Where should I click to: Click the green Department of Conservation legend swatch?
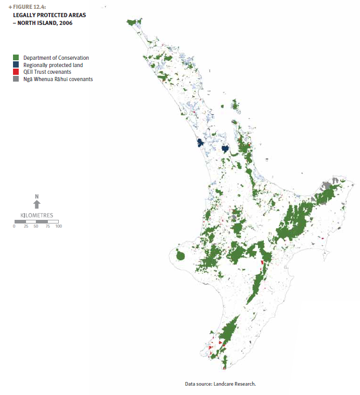pyautogui.click(x=16, y=58)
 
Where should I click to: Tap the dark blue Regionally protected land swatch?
pyautogui.click(x=16, y=65)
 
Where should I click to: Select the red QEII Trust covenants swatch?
pyautogui.click(x=16, y=72)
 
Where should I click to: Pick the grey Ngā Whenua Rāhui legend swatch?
pyautogui.click(x=16, y=80)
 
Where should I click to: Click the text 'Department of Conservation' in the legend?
pyautogui.click(x=56, y=58)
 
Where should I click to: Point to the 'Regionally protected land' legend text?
pyautogui.click(x=53, y=65)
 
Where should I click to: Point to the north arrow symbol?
pyautogui.click(x=36, y=205)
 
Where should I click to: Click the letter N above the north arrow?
pyautogui.click(x=36, y=196)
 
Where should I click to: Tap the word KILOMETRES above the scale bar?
pyautogui.click(x=36, y=215)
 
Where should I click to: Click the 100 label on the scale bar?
pyautogui.click(x=58, y=227)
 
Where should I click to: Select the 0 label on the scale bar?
pyautogui.click(x=15, y=227)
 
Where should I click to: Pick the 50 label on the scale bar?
pyautogui.click(x=36, y=227)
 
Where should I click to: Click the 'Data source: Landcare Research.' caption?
pyautogui.click(x=221, y=384)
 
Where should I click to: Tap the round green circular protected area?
pyautogui.click(x=182, y=256)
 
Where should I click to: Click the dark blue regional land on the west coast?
pyautogui.click(x=200, y=143)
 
